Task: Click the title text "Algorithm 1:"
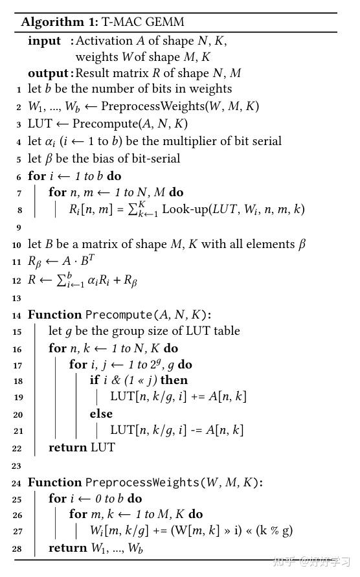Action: coord(59,22)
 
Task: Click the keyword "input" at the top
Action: coord(44,41)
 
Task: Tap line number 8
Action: coord(19,210)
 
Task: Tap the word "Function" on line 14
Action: coord(54,315)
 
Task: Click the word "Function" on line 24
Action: coord(54,482)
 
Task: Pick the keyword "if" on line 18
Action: coord(95,380)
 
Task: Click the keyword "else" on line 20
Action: coord(101,414)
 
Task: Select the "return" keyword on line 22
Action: coord(68,447)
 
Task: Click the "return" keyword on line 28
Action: coord(68,548)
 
